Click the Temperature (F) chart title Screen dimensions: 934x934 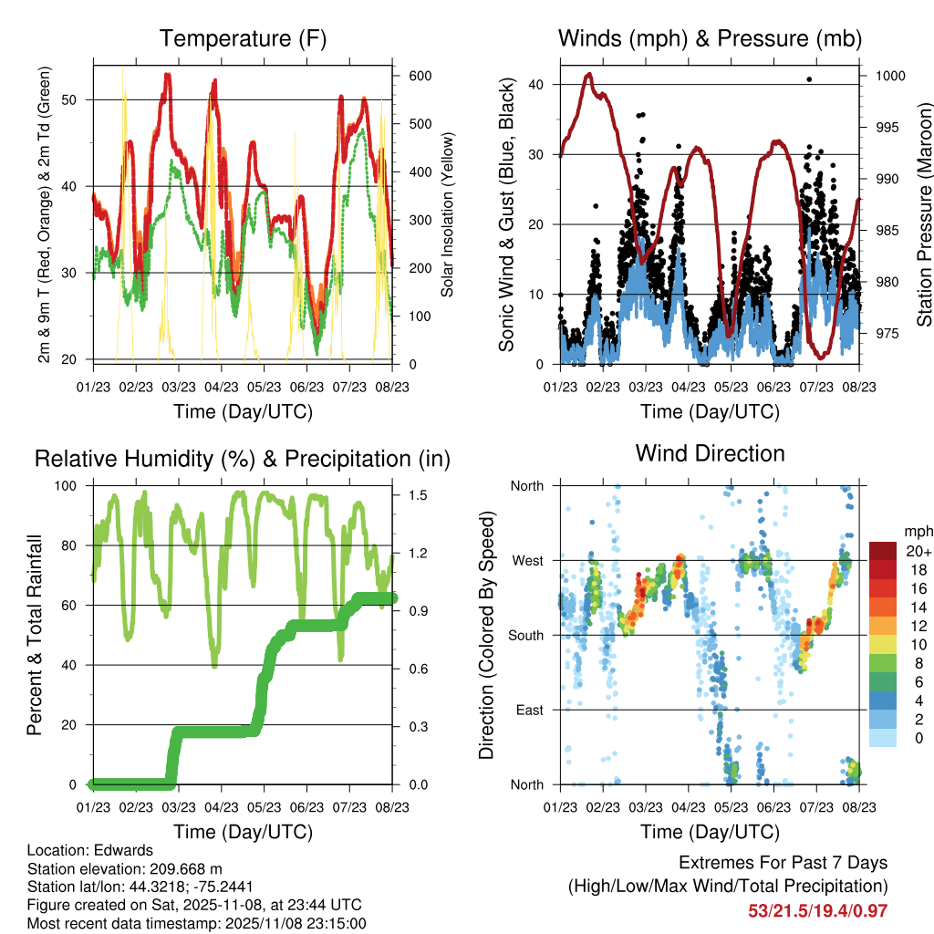243,38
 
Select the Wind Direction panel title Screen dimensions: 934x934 710,452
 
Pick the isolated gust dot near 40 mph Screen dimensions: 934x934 809,79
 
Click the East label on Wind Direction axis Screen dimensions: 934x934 528,710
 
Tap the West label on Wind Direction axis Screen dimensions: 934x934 526,560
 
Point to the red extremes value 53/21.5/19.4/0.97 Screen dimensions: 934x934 817,910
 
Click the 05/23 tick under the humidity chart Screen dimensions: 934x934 265,807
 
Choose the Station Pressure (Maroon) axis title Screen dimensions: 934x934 924,214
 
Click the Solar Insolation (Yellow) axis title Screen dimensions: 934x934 448,214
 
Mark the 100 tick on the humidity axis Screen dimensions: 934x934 70,486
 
